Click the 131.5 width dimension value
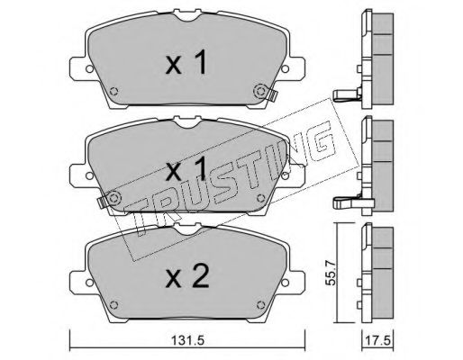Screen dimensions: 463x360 click(x=187, y=341)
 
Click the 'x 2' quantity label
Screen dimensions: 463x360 click(x=186, y=277)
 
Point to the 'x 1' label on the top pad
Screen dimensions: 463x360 click(x=186, y=62)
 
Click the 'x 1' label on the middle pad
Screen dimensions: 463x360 click(x=186, y=169)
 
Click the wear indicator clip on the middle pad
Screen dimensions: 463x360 click(x=102, y=202)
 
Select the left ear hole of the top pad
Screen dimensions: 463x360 click(x=89, y=69)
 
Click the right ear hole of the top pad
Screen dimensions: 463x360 click(x=285, y=69)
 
